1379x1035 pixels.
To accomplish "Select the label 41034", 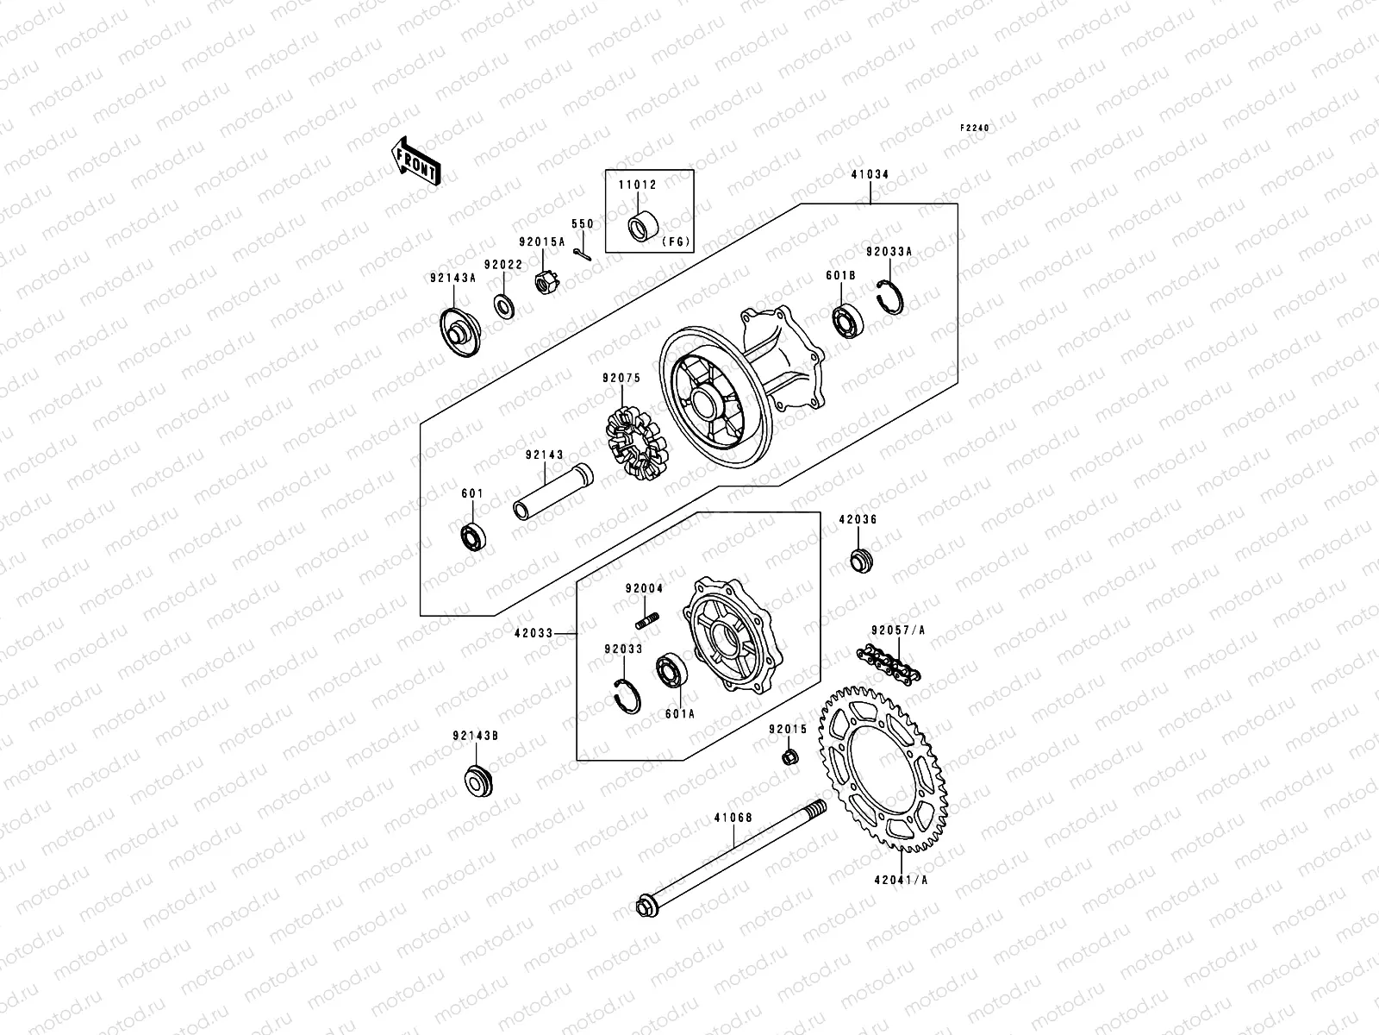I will click(871, 174).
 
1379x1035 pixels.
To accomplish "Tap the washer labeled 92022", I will click(504, 305).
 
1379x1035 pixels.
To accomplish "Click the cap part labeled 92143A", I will click(459, 333).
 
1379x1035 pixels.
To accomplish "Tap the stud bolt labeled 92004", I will click(647, 620).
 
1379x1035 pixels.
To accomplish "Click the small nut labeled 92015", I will click(788, 758).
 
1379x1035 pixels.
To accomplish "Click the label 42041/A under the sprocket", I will click(900, 881).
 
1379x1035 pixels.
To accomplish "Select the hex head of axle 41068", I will click(644, 906).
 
